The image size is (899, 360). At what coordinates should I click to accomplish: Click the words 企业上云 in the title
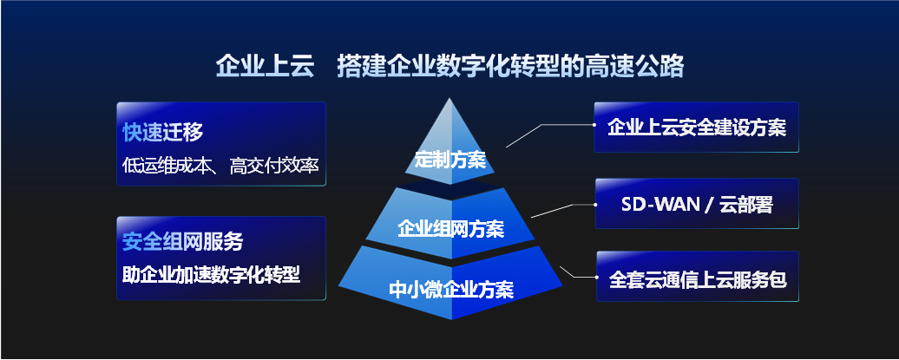(x=252, y=66)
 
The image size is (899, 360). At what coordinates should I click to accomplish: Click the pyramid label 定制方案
(x=449, y=160)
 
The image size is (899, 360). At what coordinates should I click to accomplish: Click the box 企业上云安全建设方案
(x=697, y=128)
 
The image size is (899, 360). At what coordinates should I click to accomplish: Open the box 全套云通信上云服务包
(x=697, y=279)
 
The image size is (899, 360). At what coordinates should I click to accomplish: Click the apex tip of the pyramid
(x=449, y=99)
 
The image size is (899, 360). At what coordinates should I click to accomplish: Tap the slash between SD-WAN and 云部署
(x=708, y=206)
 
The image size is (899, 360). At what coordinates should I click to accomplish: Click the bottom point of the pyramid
(x=451, y=318)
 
